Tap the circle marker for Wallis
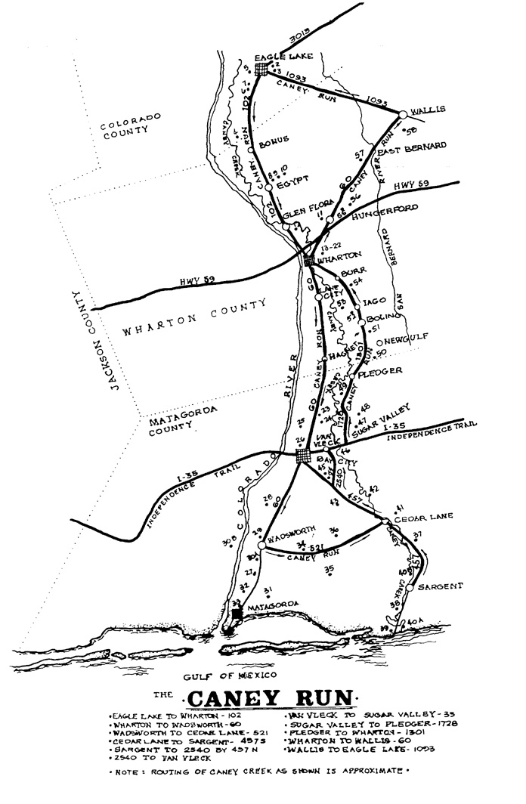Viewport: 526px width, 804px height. coord(404,114)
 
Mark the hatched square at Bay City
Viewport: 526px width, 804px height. coord(302,456)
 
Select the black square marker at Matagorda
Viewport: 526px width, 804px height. coord(237,613)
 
